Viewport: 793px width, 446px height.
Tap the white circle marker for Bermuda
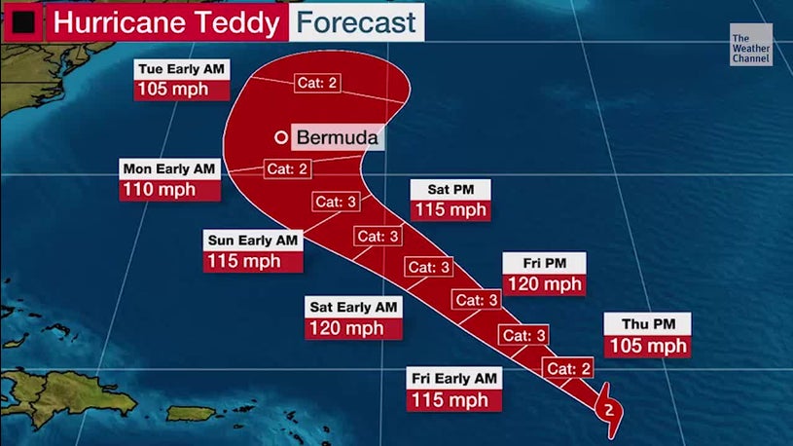click(281, 137)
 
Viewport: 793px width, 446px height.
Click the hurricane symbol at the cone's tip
click(608, 409)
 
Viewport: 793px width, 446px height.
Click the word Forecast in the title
click(356, 21)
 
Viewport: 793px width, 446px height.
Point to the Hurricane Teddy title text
click(168, 21)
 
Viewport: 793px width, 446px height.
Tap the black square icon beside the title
click(22, 21)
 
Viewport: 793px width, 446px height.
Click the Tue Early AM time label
click(182, 69)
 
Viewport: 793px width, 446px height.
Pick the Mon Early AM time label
click(170, 168)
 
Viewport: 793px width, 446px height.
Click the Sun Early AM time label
click(253, 240)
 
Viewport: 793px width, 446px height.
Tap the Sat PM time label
click(450, 188)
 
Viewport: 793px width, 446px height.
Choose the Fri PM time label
click(543, 263)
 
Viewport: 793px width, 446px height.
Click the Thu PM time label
click(647, 324)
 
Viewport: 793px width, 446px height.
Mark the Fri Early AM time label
click(453, 378)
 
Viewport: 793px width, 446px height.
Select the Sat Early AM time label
click(353, 307)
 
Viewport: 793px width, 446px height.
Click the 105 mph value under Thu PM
click(647, 346)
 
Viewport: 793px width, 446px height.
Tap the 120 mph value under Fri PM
click(543, 284)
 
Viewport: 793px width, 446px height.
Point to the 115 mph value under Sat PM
click(450, 209)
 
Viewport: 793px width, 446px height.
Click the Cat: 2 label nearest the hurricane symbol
click(568, 368)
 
